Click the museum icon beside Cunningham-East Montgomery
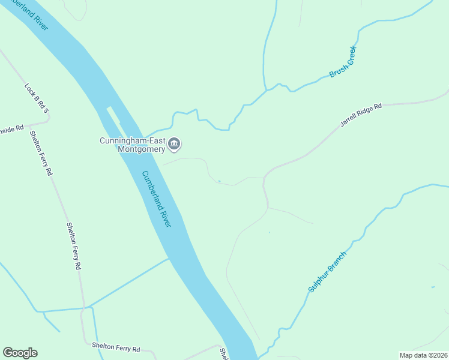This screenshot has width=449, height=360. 175,143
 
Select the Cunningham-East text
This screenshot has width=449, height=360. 132,141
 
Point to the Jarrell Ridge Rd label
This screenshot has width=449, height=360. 361,115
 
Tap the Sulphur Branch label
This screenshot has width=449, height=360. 328,271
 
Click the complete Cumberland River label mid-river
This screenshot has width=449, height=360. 157,199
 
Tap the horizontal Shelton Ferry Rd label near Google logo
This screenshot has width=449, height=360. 116,347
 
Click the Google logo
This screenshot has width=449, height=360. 20,353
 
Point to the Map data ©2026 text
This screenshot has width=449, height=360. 424,355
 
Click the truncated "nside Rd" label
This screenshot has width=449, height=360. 11,128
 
